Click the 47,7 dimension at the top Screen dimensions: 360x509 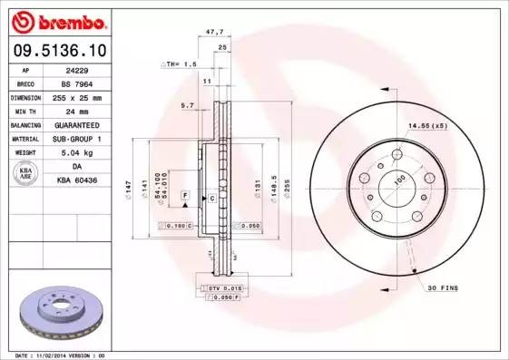[215, 31]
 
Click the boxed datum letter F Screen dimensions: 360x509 [184, 196]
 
